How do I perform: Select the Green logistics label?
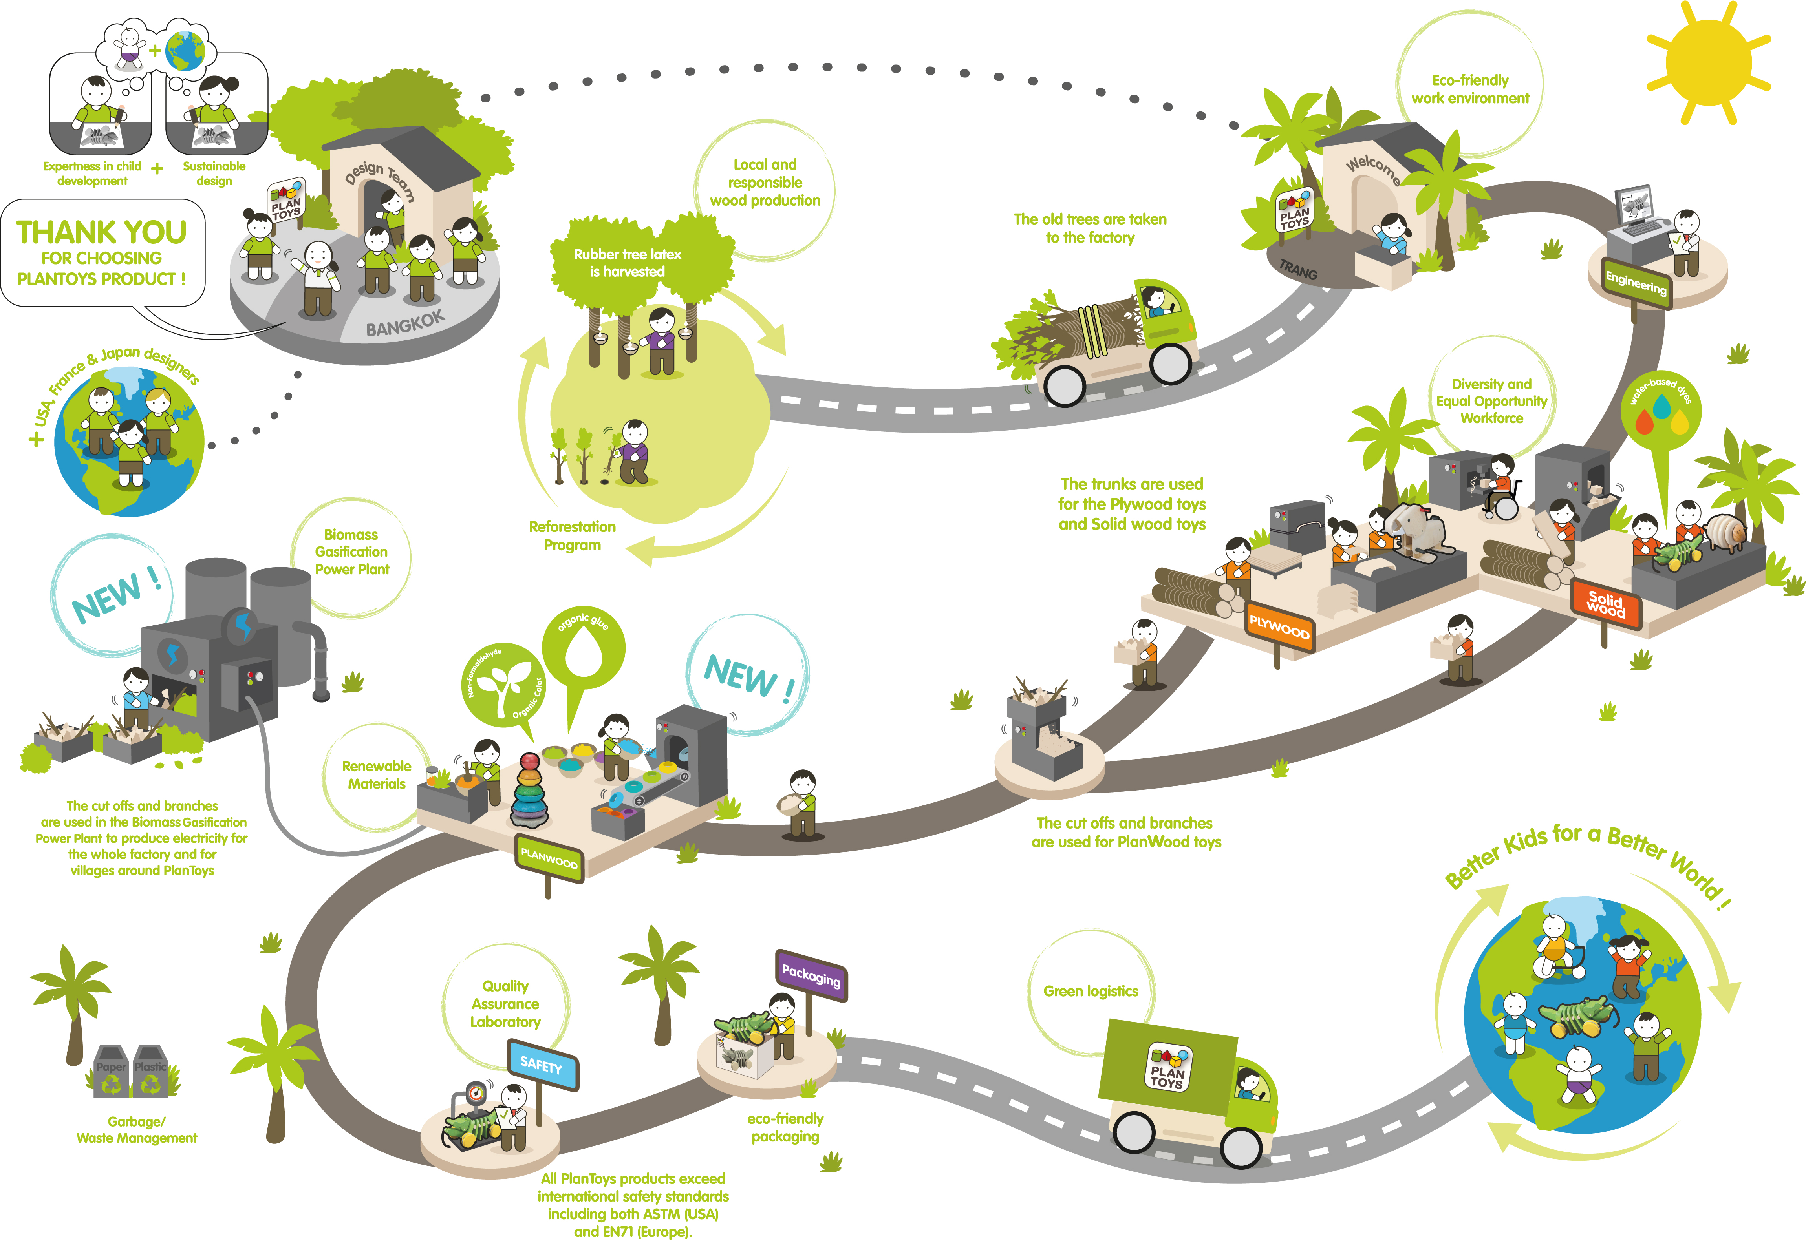(x=1090, y=992)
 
